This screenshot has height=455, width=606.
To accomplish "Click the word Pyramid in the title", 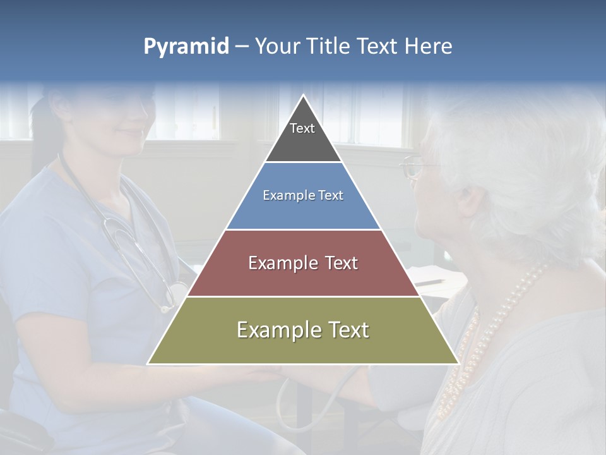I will tap(186, 47).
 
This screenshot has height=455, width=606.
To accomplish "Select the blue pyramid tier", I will tap(303, 212).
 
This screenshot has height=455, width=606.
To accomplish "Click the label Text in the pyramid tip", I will tap(302, 128).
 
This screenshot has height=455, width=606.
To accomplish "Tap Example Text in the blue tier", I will tap(303, 195).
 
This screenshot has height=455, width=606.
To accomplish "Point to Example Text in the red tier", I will tap(303, 263).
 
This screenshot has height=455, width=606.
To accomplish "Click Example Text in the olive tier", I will tap(303, 330).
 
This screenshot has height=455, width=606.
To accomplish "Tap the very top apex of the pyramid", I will tap(304, 96).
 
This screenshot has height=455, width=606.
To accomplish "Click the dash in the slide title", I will tap(242, 47).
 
